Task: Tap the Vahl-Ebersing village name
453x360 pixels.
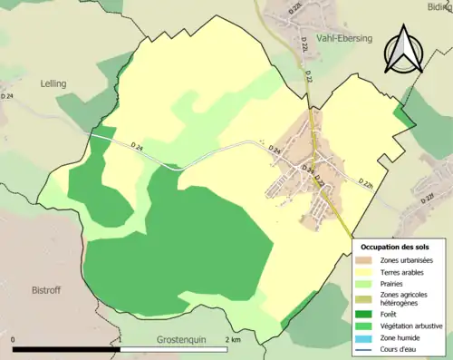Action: pos(344,39)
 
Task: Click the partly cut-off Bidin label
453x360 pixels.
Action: pos(438,5)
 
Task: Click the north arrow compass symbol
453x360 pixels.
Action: pos(403,49)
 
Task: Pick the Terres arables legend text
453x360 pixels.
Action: pos(404,271)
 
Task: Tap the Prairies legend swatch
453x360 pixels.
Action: pos(366,283)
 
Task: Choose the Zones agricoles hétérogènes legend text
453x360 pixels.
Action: pos(405,297)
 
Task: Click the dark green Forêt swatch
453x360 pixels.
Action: pos(366,314)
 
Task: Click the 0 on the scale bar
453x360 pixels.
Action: pos(14,340)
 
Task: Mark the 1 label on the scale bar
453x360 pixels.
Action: pos(120,340)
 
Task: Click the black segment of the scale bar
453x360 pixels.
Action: pos(67,349)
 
